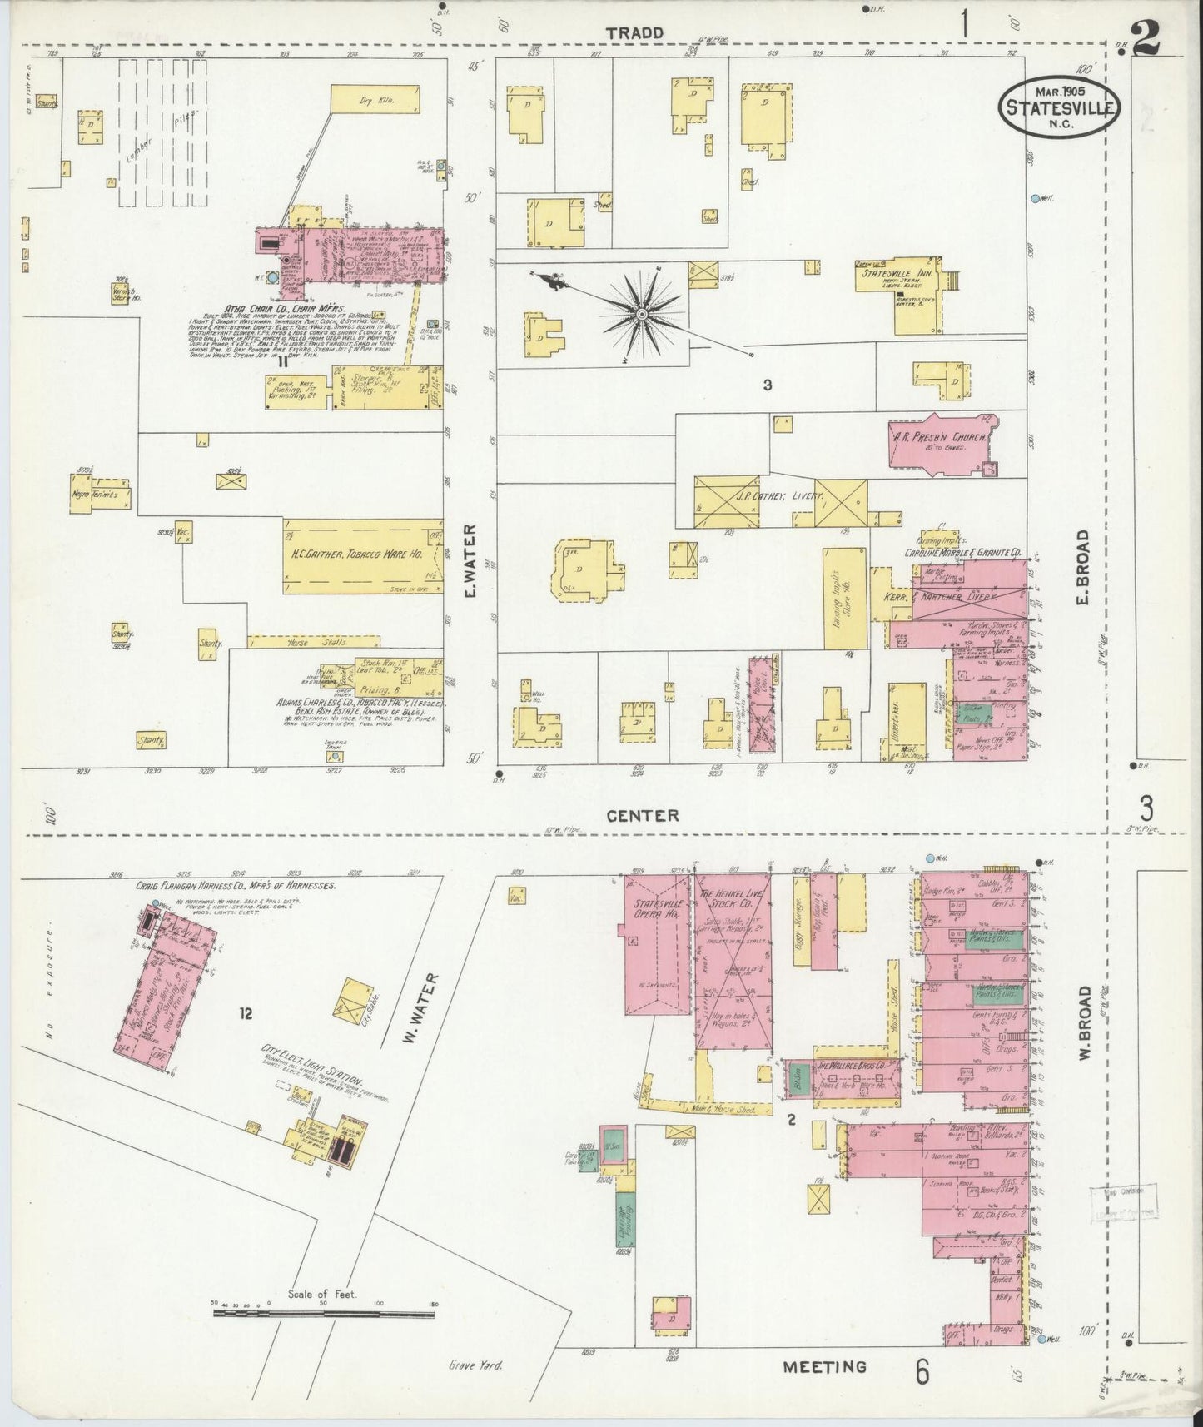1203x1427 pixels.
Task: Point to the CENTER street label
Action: (x=644, y=816)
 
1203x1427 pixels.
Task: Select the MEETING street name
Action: (x=824, y=1366)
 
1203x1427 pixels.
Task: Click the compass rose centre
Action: (x=643, y=313)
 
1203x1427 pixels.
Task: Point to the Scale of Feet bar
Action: (x=324, y=1315)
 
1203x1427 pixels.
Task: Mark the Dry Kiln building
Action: (x=375, y=100)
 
